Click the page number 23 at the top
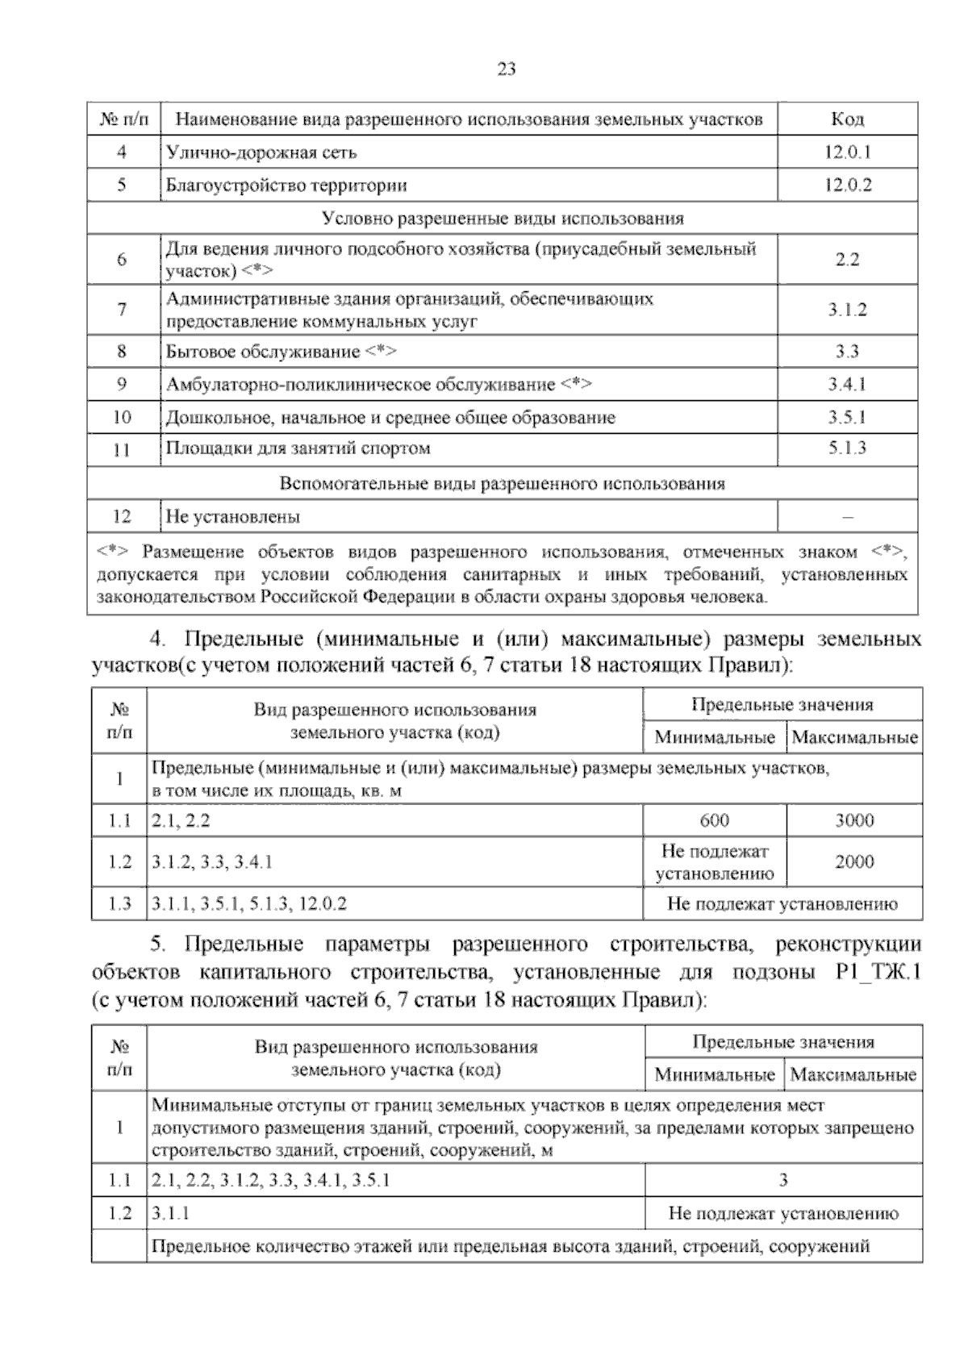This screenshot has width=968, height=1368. [x=506, y=69]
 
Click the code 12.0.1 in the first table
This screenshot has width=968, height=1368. [x=847, y=152]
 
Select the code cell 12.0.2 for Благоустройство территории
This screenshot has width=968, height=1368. [x=847, y=185]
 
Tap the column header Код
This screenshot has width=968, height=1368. [x=847, y=119]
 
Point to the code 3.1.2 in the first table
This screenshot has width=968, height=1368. [x=847, y=310]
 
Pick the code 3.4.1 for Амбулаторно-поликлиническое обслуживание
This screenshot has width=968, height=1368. [x=847, y=385]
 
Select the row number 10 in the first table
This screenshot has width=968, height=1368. [x=123, y=418]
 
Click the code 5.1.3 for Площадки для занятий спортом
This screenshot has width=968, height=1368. [x=847, y=448]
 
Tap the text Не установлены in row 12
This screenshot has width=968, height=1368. [x=233, y=516]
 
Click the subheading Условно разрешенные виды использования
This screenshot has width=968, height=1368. [x=502, y=219]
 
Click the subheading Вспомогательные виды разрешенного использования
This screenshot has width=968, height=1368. [x=502, y=484]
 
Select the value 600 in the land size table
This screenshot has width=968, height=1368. [x=714, y=820]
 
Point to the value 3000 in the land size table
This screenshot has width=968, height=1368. [x=854, y=820]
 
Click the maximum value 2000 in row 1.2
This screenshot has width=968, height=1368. [x=854, y=861]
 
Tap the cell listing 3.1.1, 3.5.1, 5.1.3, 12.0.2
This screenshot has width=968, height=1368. [x=249, y=904]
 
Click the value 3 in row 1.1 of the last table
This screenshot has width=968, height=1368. [x=782, y=1181]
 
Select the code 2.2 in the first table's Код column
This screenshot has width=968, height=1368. [x=847, y=260]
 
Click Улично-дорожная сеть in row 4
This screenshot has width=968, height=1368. [x=261, y=152]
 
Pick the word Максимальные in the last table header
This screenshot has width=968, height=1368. [x=853, y=1075]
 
